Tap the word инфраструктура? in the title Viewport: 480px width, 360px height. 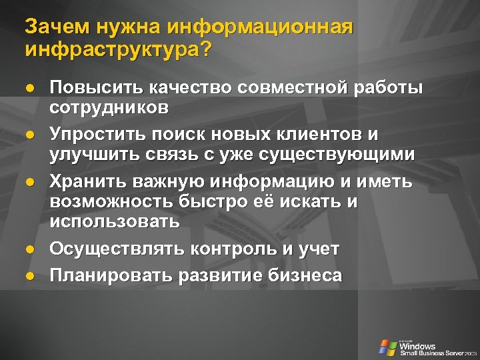point(117,50)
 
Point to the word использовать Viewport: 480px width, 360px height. point(114,221)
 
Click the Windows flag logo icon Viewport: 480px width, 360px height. point(387,347)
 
